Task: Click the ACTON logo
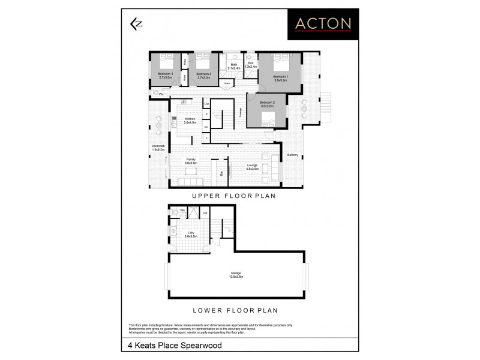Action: pyautogui.click(x=322, y=24)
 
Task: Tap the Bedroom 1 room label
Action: pyautogui.click(x=281, y=78)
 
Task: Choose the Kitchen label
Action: pyautogui.click(x=190, y=120)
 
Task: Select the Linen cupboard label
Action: pyautogui.click(x=227, y=83)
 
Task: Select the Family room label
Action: pyautogui.click(x=191, y=161)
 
